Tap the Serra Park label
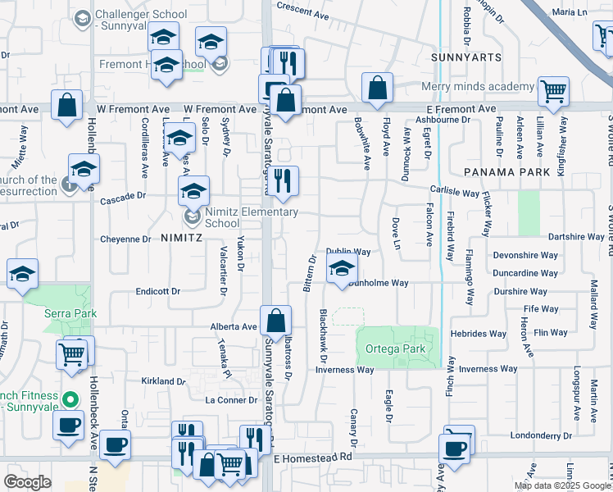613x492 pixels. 70,313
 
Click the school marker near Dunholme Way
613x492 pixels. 342,267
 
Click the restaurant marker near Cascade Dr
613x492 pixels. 283,180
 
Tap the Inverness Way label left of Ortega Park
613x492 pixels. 346,370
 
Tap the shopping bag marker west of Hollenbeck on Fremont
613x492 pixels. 66,104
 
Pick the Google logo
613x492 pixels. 27,482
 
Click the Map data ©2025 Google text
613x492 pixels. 561,485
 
